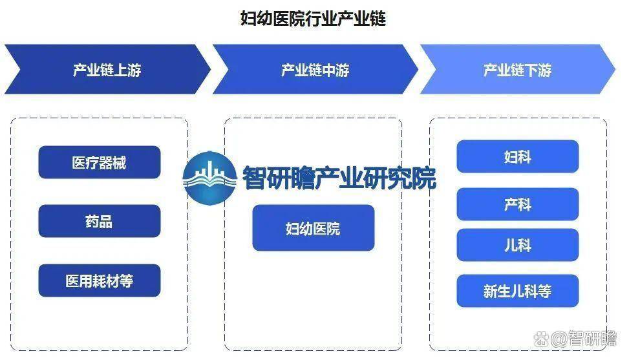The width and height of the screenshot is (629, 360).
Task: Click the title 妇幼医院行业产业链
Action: click(x=313, y=19)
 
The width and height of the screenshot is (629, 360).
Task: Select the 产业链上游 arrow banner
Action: click(x=107, y=69)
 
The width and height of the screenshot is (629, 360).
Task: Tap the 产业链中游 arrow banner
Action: click(x=315, y=69)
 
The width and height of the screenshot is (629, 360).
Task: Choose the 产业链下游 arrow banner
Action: click(x=517, y=69)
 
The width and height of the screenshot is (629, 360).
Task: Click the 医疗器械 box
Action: click(x=100, y=162)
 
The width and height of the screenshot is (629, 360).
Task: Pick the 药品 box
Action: click(x=100, y=221)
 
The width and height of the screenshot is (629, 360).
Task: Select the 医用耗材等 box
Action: click(x=100, y=281)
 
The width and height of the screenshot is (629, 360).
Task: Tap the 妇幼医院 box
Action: click(x=314, y=228)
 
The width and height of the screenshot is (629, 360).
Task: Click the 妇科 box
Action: click(x=517, y=156)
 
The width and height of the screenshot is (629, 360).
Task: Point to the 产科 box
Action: click(x=517, y=204)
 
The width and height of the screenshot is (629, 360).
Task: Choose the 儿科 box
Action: click(x=517, y=245)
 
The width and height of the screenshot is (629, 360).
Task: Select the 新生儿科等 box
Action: click(x=517, y=291)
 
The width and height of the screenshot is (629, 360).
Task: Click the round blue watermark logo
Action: click(x=209, y=178)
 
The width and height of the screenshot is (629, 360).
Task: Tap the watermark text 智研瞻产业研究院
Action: click(x=339, y=177)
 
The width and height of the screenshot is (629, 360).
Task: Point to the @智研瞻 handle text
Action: click(x=583, y=339)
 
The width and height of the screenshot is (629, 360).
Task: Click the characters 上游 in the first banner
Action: click(x=127, y=70)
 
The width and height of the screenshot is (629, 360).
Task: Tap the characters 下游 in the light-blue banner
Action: click(x=538, y=70)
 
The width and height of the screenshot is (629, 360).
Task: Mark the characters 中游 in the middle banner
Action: click(x=336, y=70)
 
